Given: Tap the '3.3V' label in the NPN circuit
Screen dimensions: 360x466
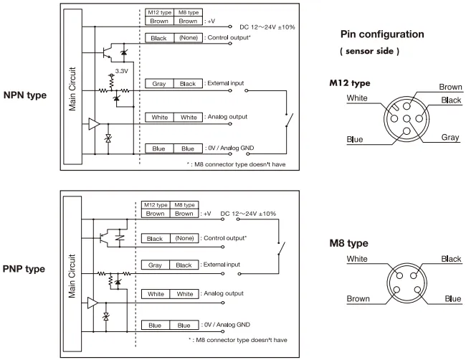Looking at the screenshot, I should tap(122, 72).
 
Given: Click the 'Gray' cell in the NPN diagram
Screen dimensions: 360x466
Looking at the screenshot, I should tap(159, 84).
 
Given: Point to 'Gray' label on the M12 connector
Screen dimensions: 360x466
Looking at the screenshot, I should tap(450, 137).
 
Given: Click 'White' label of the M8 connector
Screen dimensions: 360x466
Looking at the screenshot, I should tap(357, 260).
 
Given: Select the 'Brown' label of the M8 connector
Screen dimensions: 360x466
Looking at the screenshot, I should tap(358, 298).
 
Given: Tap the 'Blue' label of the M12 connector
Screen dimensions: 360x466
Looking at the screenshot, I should tap(355, 139).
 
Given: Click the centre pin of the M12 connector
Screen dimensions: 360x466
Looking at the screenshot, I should tap(406, 120).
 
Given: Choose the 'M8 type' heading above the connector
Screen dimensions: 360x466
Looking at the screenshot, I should tap(349, 243).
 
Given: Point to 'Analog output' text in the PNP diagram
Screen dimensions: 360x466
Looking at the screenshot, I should tap(223, 293).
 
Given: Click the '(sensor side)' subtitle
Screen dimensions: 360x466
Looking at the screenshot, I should tap(369, 52).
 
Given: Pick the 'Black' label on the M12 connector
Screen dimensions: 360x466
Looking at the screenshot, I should tap(452, 100).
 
